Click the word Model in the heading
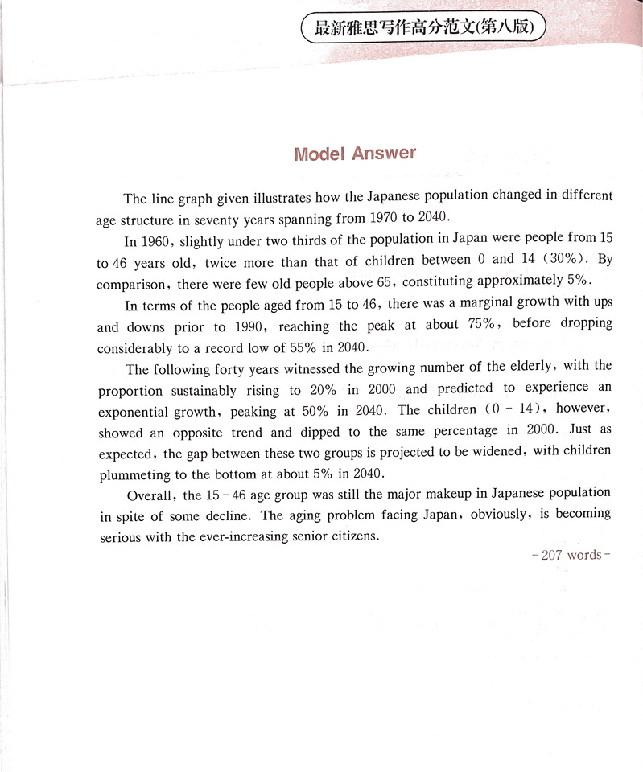click(x=319, y=154)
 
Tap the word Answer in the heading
click(x=384, y=153)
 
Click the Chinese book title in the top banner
click(x=423, y=28)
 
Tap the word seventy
click(x=220, y=219)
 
